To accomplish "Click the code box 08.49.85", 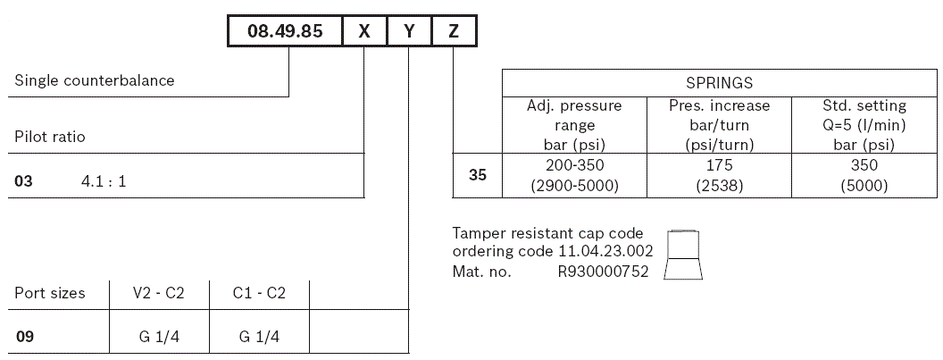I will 285,31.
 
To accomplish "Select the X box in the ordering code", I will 364,31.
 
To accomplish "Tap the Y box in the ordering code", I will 410,31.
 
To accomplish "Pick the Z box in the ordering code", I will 454,31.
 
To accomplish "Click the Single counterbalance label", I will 95,80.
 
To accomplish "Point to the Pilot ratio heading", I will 50,137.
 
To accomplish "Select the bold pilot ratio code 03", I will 23,181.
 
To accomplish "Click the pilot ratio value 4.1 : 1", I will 104,181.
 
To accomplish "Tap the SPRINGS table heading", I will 719,83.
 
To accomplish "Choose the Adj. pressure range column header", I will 574,125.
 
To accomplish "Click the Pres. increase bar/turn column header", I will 719,125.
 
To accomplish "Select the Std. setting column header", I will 864,125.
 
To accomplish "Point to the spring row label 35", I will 479,175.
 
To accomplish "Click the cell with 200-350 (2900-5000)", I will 574,175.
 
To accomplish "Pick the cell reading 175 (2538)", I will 719,175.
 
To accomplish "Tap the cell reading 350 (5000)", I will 864,175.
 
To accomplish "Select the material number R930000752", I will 603,272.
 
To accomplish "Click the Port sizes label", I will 50,293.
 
